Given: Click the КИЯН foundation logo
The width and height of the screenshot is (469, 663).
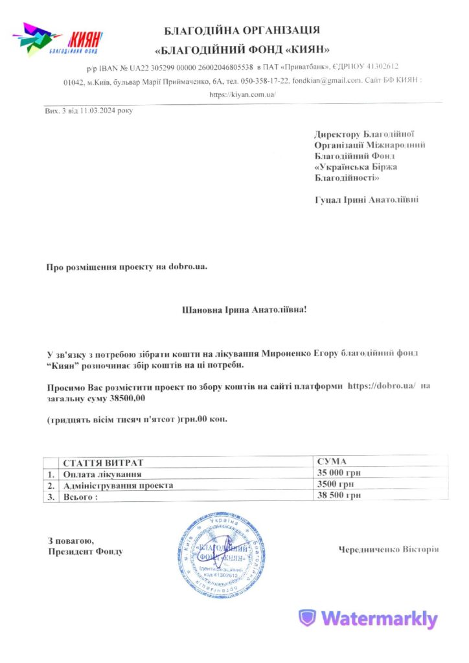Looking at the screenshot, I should (x=58, y=39).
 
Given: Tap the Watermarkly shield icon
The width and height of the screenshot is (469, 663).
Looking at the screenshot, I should (x=307, y=618).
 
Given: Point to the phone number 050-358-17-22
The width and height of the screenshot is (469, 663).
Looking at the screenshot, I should (x=265, y=81).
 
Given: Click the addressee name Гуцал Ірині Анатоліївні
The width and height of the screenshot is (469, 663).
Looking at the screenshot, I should (x=366, y=200).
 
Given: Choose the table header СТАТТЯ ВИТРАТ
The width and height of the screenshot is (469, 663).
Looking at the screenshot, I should (x=102, y=463).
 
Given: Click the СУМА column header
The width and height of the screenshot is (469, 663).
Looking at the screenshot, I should (x=332, y=462).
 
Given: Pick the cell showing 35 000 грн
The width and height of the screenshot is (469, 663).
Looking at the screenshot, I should (x=338, y=473).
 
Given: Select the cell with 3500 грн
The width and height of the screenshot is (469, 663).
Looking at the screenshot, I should (x=336, y=484).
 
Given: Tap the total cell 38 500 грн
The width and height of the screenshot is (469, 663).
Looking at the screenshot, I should (x=338, y=495).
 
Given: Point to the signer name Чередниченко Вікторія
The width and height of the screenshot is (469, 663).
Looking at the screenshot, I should (x=388, y=549).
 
